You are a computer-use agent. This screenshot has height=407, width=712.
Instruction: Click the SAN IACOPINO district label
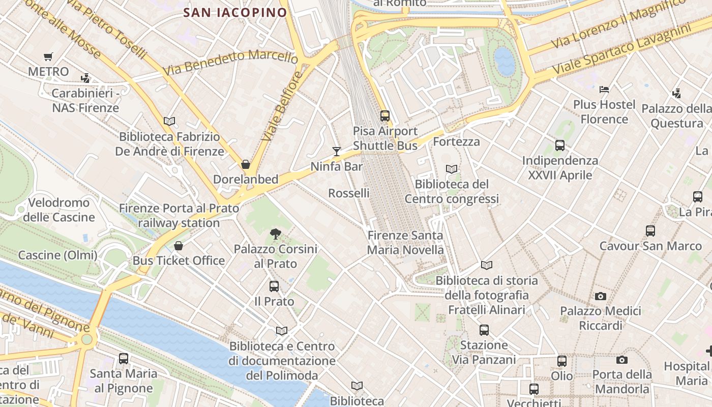235,12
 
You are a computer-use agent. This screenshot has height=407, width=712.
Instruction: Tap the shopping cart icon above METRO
48,57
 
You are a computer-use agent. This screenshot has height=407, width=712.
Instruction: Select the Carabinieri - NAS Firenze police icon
85,78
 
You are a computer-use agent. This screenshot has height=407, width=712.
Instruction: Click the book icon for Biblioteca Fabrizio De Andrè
169,121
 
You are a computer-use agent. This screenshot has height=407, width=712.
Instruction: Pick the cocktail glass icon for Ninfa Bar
336,151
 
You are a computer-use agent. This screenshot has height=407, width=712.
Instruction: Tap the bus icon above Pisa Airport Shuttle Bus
385,116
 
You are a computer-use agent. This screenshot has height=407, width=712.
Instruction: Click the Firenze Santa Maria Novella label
405,243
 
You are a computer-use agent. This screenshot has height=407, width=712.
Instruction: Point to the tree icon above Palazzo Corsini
275,234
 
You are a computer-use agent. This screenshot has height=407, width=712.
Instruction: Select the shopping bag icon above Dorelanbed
246,164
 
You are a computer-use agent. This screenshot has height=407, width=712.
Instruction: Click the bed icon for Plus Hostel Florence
604,90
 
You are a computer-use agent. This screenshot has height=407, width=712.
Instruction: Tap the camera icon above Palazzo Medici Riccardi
601,296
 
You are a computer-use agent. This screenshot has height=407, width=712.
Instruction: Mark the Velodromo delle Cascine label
59,210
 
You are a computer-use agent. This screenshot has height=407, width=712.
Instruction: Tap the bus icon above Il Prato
274,286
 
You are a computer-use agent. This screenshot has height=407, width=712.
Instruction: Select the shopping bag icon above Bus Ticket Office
179,246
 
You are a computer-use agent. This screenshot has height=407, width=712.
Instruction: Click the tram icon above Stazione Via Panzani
484,330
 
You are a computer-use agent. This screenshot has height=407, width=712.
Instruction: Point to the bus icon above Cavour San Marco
650,231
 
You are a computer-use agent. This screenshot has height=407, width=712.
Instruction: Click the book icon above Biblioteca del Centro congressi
452,169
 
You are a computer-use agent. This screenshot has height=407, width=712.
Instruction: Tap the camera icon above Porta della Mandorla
621,360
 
